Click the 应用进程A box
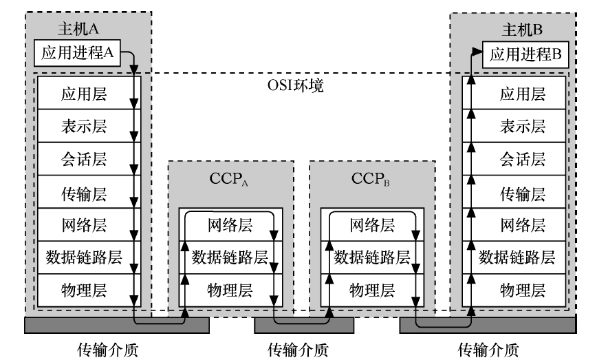point(82,53)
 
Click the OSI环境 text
point(295,87)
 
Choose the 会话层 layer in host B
point(522,160)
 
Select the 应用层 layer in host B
point(522,94)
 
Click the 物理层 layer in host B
point(522,290)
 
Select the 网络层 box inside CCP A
point(229,224)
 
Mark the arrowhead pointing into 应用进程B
point(477,51)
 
